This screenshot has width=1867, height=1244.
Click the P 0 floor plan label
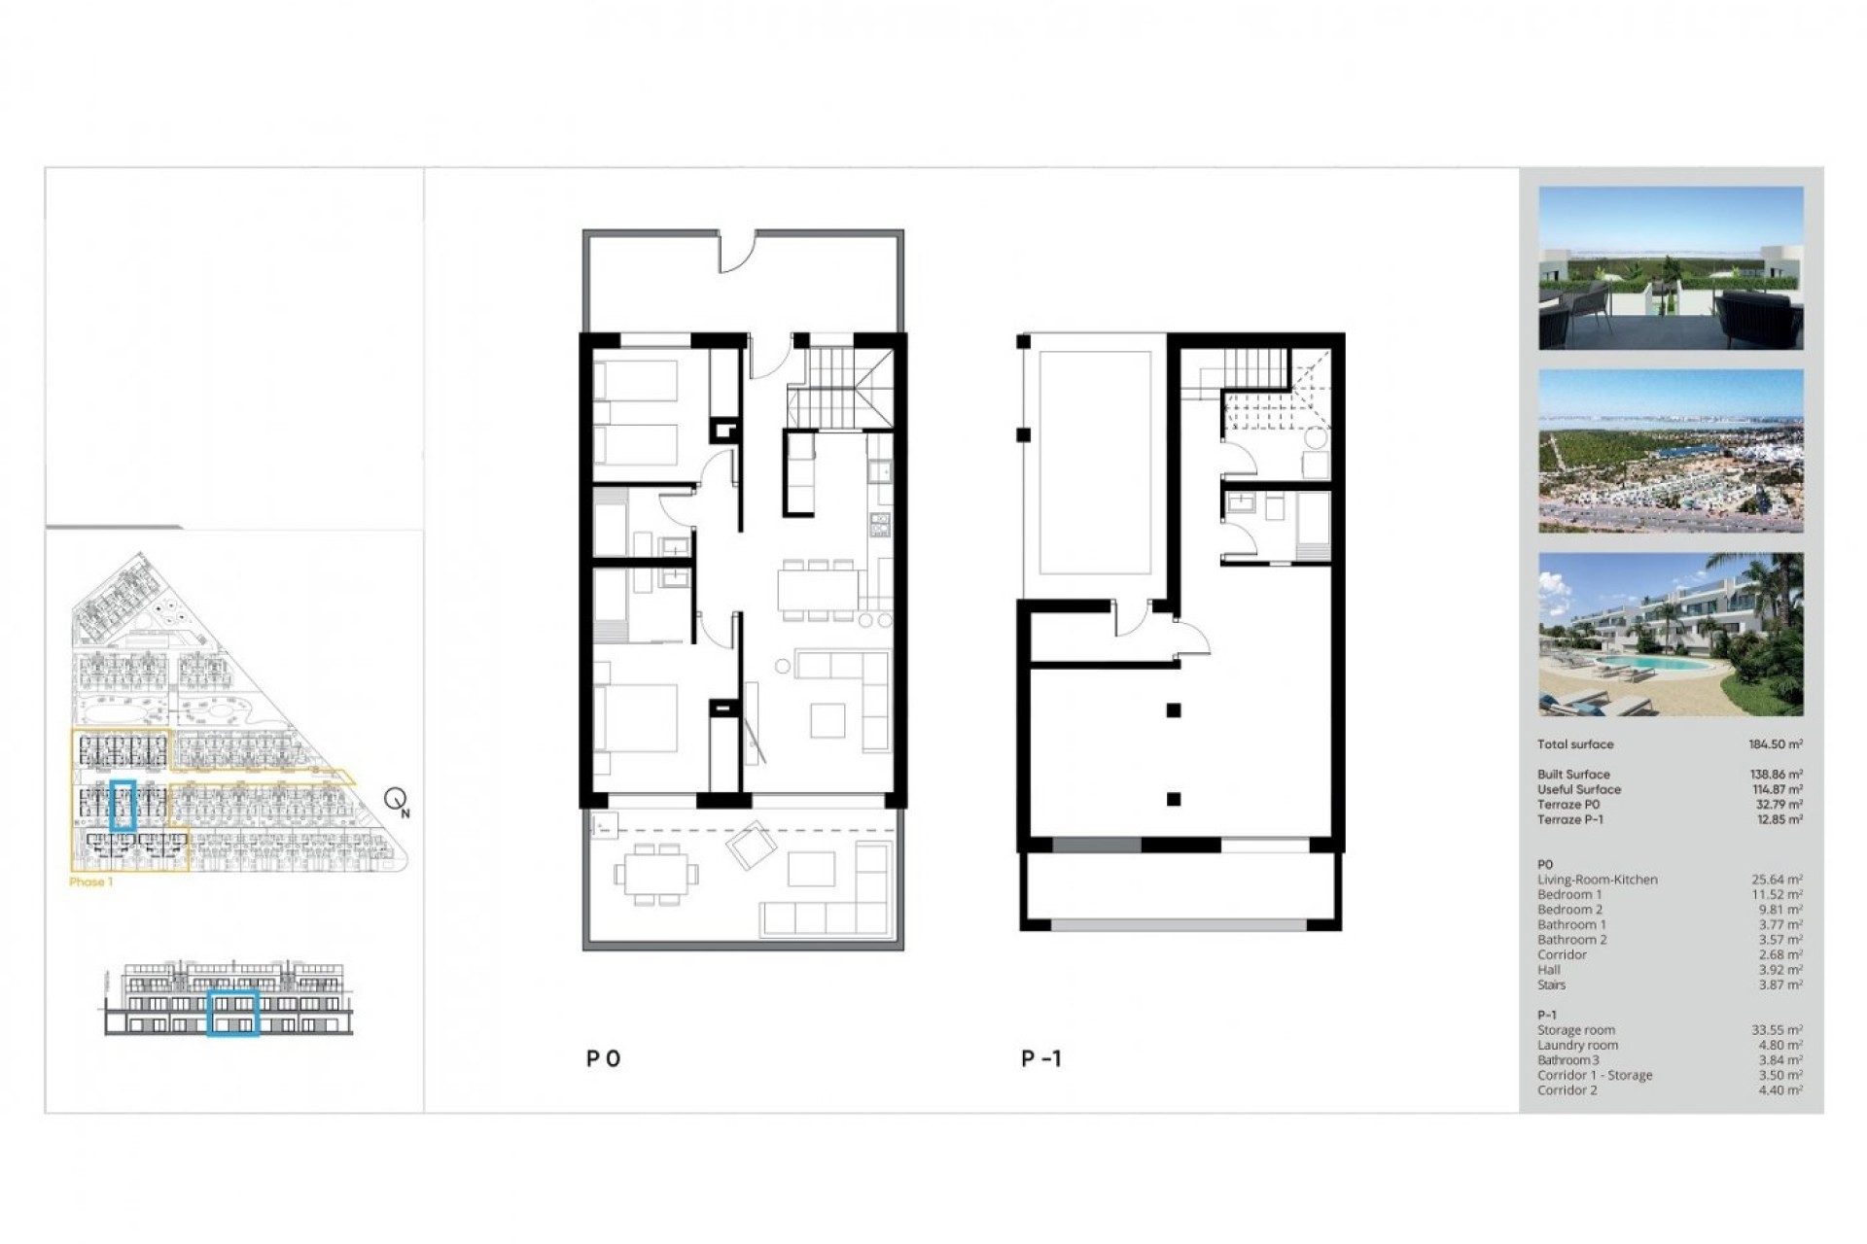tap(603, 1058)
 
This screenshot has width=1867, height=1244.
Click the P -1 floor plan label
tap(1040, 1058)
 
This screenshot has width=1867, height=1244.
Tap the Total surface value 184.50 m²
tap(1775, 744)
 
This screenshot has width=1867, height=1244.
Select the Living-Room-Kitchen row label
tap(1597, 880)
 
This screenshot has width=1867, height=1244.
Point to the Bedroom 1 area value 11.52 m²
tap(1777, 895)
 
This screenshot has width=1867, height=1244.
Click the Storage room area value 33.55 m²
tap(1777, 1030)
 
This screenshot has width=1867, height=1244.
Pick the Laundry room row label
tap(1577, 1046)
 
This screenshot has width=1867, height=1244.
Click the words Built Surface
tap(1573, 775)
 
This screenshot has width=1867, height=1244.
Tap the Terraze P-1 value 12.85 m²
tap(1777, 820)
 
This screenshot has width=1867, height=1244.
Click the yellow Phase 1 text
tap(90, 882)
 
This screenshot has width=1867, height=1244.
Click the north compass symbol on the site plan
tap(396, 800)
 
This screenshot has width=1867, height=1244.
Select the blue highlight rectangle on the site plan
tap(123, 805)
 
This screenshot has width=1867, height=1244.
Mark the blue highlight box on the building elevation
tap(233, 1014)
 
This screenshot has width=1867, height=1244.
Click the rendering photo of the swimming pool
tap(1670, 635)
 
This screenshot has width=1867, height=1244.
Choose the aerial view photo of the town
tap(1670, 451)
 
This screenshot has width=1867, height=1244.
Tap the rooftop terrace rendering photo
tap(1670, 268)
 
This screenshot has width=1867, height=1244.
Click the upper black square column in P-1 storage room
tap(1174, 710)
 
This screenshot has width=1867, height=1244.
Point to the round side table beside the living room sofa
tap(783, 667)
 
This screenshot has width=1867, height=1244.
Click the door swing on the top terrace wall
tap(736, 253)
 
